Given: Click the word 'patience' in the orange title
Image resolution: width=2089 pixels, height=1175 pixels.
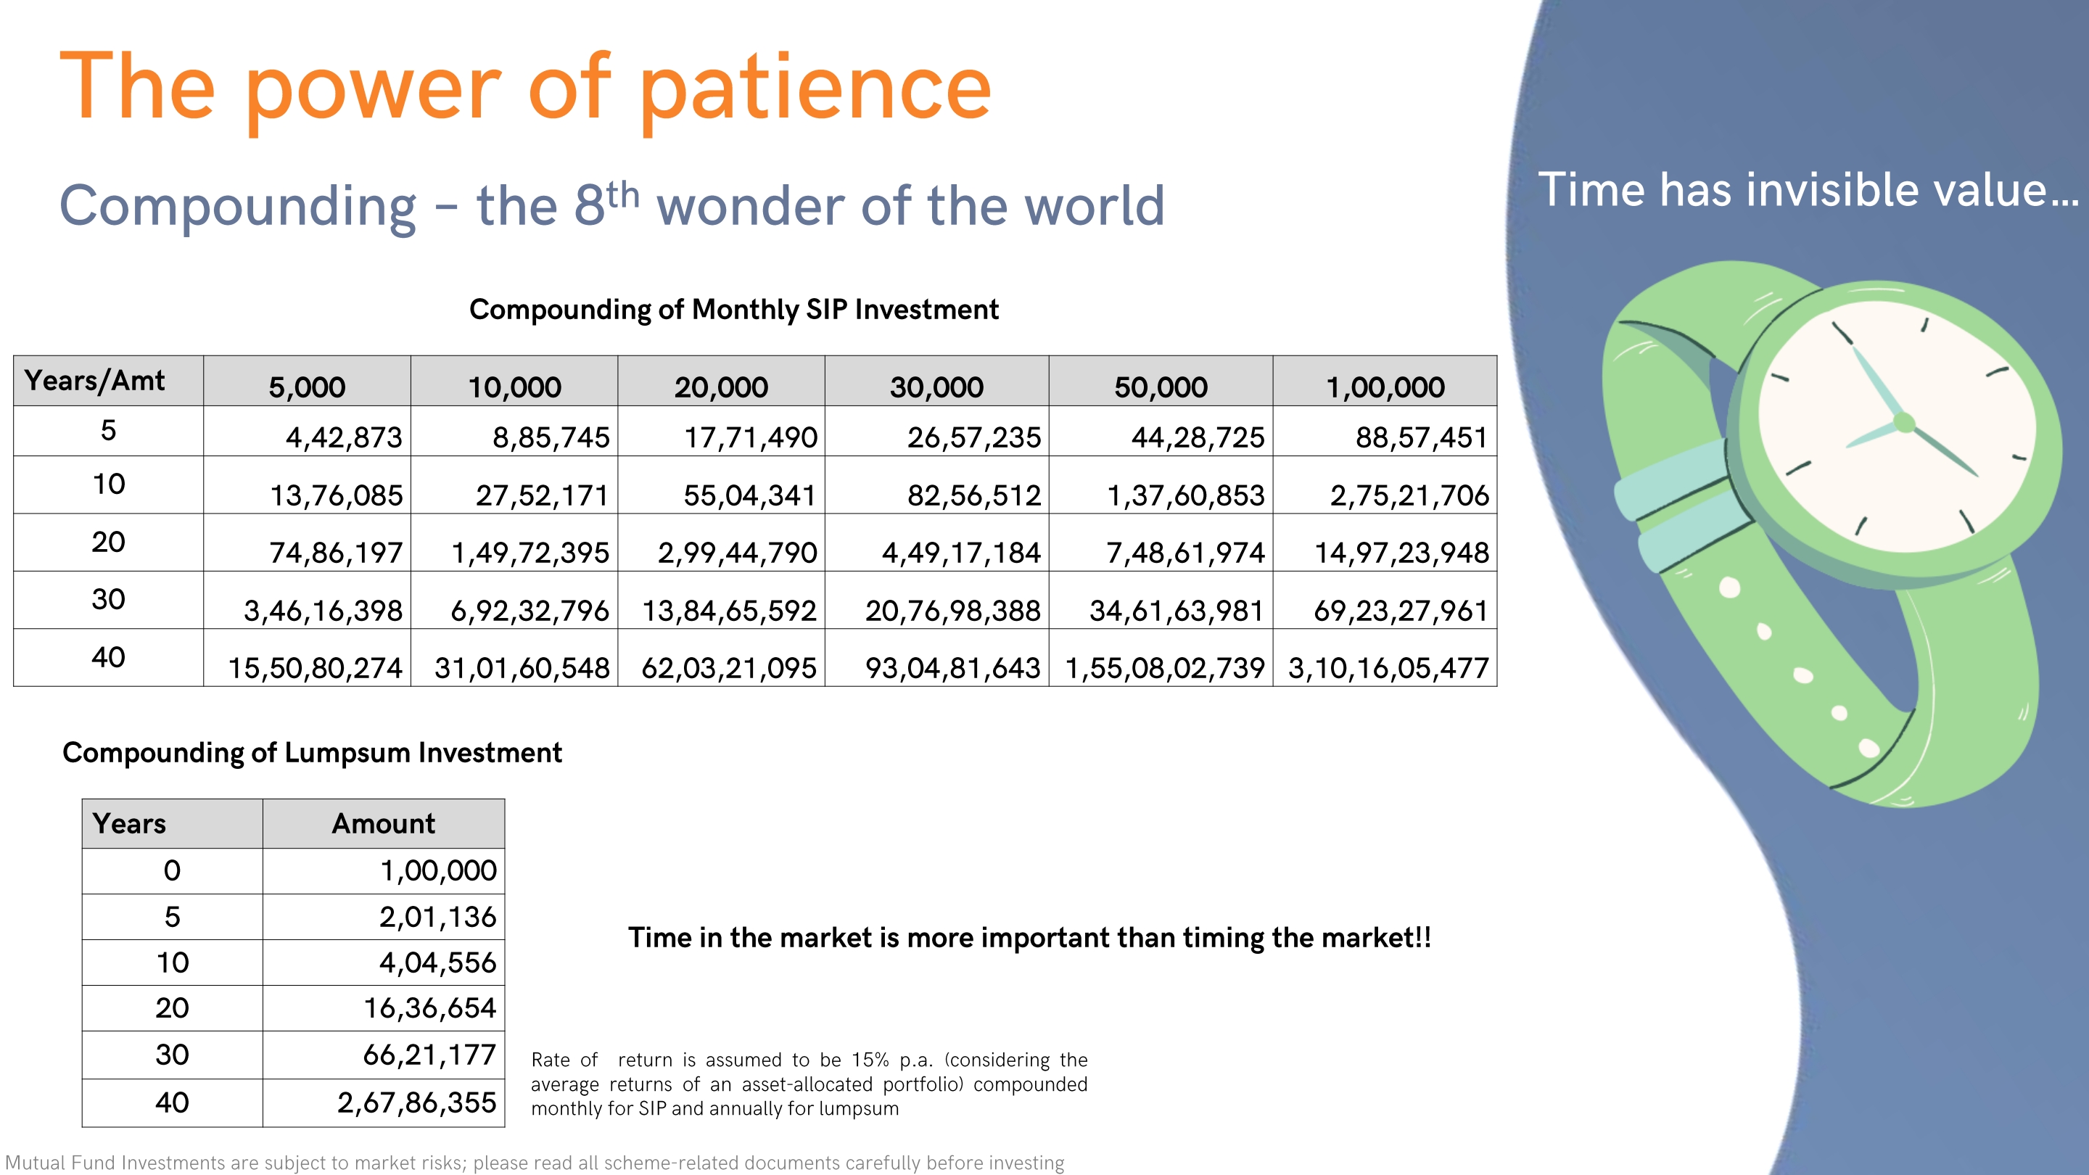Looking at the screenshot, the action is (816, 89).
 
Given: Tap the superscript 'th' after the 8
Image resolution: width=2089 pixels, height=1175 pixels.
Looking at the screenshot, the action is (622, 195).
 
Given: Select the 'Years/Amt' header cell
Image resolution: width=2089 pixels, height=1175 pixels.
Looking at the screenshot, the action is (108, 380).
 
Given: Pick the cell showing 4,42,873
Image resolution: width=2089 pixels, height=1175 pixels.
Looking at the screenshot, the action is (343, 438).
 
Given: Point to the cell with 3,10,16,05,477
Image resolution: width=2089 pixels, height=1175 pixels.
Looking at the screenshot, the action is (1388, 668).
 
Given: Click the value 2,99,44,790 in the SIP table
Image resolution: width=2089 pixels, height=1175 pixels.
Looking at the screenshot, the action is (736, 553).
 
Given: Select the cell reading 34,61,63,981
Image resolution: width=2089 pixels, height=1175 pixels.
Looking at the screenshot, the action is (1176, 611).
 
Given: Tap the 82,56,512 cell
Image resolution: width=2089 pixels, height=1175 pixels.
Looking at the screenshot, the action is (973, 495).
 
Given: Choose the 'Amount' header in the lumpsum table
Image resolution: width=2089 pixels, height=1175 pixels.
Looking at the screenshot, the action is (383, 824).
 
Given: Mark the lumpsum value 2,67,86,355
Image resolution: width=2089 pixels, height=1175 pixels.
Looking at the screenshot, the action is (416, 1102).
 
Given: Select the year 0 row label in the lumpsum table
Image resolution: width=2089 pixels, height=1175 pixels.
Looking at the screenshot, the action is (172, 871).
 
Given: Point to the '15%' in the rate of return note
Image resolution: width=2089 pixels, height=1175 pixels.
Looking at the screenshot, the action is (870, 1060).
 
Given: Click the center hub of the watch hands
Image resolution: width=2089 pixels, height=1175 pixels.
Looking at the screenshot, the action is (1904, 422).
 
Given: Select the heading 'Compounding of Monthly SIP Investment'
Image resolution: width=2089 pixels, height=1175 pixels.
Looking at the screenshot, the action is (734, 310).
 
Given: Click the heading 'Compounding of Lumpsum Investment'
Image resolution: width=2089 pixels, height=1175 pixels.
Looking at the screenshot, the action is (312, 754).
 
